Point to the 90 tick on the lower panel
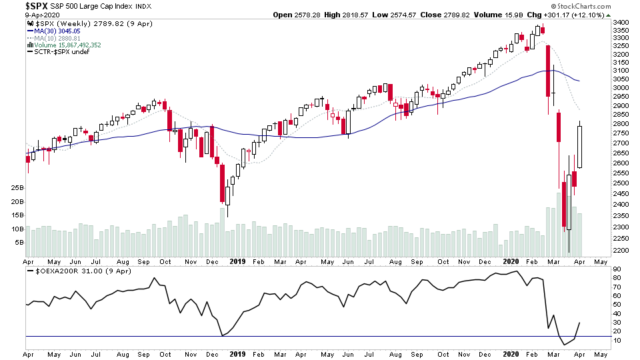617,269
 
